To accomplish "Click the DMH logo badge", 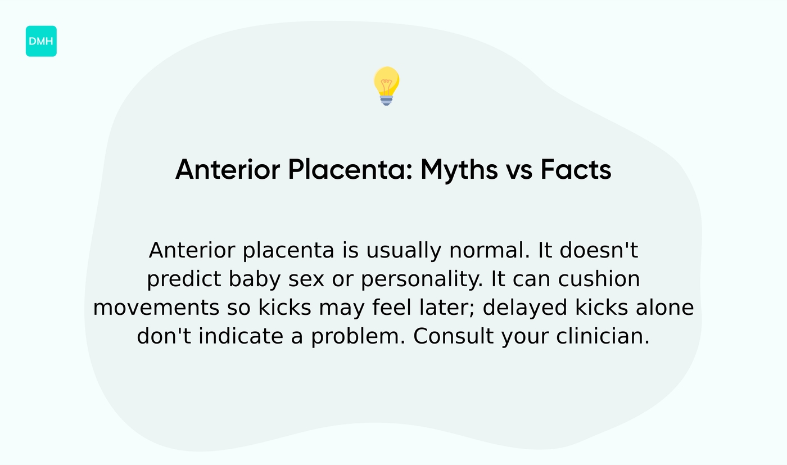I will (x=41, y=41).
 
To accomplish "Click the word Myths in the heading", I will (x=459, y=169).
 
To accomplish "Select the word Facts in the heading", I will (x=576, y=169).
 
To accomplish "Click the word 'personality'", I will (x=423, y=279).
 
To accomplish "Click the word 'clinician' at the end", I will (x=601, y=337).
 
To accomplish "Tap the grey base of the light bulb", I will (x=386, y=100).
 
